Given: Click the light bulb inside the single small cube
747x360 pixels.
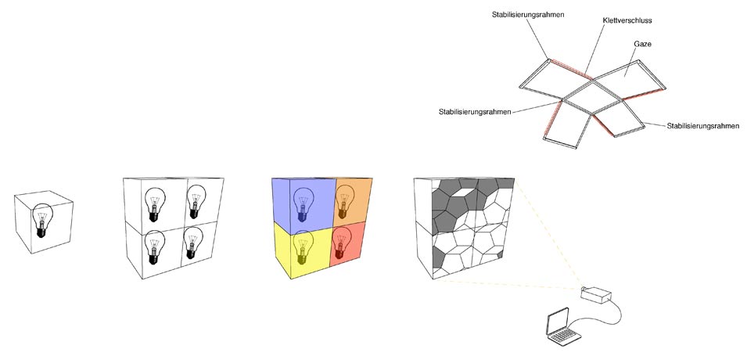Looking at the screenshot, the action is (42, 220).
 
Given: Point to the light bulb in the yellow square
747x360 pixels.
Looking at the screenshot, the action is (302, 247).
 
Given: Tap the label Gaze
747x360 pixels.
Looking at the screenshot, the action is (642, 44).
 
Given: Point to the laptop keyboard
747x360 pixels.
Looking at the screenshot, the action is (565, 337).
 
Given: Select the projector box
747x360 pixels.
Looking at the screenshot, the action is (595, 295).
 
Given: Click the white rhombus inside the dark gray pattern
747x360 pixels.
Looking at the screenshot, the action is (465, 193).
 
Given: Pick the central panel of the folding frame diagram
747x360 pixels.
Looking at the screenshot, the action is (591, 97).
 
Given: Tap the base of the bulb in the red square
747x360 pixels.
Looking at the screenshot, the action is (339, 254).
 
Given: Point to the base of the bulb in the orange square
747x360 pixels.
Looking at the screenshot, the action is (342, 214).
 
